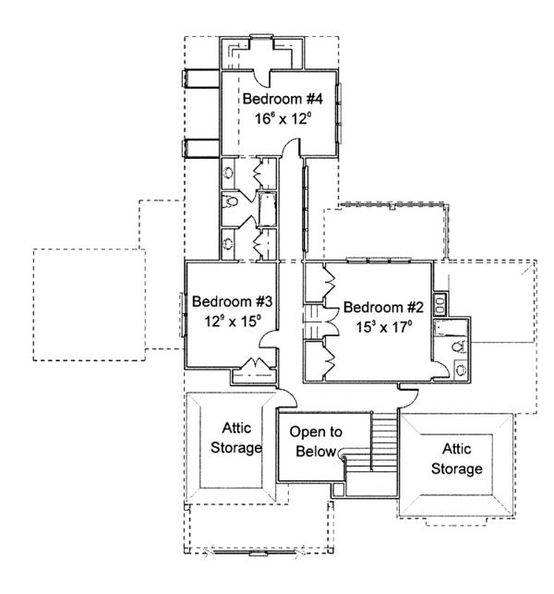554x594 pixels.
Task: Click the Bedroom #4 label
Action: [282, 99]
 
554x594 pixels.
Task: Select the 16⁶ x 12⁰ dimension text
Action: [283, 118]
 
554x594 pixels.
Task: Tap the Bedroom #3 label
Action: [231, 301]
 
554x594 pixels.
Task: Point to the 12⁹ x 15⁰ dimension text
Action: [231, 321]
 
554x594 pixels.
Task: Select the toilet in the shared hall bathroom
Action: [231, 201]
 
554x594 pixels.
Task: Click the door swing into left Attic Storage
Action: [288, 398]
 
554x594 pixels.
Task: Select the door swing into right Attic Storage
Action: [407, 397]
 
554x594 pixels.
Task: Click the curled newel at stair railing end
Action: [343, 455]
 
